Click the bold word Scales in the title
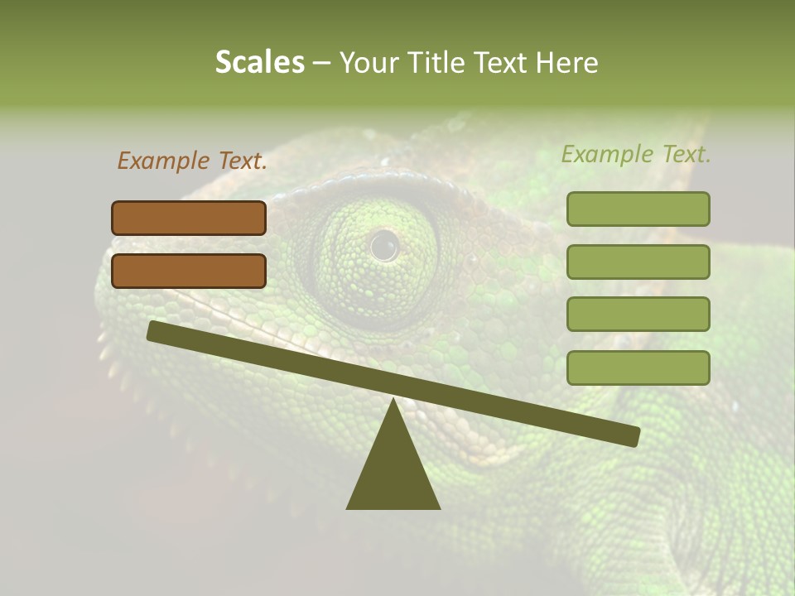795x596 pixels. [x=259, y=62]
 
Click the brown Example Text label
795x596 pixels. [x=192, y=161]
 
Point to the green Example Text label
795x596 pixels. [x=636, y=154]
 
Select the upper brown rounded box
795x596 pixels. [x=189, y=218]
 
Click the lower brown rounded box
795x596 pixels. [x=189, y=271]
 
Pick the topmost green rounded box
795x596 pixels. [x=638, y=209]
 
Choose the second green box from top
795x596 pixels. [x=638, y=262]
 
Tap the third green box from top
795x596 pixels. [x=638, y=314]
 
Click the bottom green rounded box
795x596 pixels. [x=638, y=368]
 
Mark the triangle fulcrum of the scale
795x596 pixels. [x=393, y=468]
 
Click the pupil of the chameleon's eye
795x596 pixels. [x=384, y=245]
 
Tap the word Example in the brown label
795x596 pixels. [x=163, y=161]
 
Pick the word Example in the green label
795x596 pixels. [x=607, y=154]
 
